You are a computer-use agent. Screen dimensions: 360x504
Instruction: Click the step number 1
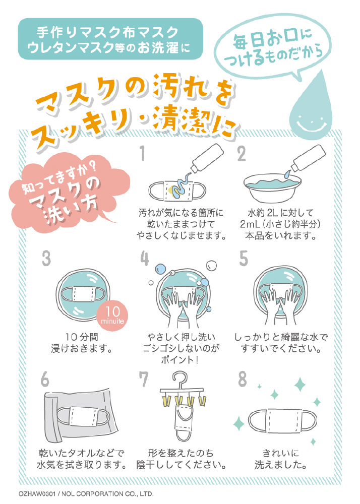tap(143, 153)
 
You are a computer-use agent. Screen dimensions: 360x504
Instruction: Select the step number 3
tap(46, 259)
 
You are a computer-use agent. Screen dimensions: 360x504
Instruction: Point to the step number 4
tap(145, 259)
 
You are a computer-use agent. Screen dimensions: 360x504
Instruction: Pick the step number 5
tap(244, 259)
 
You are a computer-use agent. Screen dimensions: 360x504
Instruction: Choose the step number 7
tap(143, 380)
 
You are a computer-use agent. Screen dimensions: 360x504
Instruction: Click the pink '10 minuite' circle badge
tap(112, 316)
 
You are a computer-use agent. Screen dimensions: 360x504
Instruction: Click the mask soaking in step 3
tap(83, 294)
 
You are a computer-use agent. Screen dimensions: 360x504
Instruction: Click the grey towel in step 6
tap(80, 415)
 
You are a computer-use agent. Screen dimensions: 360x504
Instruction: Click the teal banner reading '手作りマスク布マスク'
tap(110, 39)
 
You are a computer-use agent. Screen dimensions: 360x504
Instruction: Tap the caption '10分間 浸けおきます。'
tap(82, 343)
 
